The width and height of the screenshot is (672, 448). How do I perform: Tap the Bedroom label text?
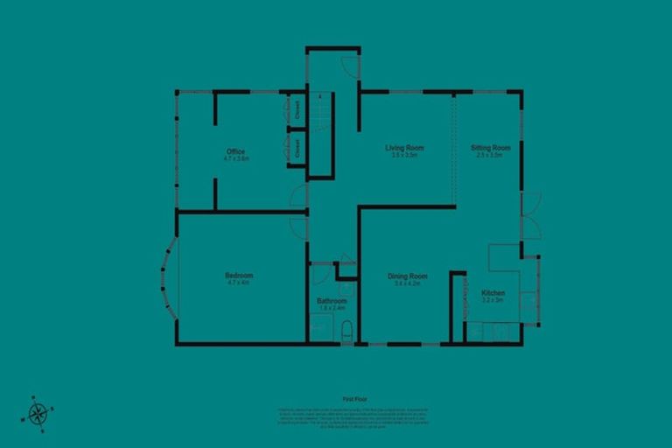239,275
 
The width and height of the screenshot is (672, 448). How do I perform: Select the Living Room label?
404,147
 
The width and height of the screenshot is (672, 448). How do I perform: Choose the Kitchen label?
493,292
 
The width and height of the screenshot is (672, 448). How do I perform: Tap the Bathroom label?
332,301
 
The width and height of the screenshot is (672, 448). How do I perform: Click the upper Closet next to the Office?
297,110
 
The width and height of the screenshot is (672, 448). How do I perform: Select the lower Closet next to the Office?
297,147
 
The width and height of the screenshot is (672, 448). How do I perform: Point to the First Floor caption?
354,399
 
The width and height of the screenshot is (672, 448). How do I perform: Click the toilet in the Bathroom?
346,332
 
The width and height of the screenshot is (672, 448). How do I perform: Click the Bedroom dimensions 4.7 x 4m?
239,283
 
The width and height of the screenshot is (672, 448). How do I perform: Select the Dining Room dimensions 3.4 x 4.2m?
408,283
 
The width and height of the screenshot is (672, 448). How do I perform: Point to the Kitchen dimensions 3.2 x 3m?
493,300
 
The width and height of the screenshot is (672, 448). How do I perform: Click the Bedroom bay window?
168,277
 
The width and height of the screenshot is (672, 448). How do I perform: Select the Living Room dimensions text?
404,155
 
